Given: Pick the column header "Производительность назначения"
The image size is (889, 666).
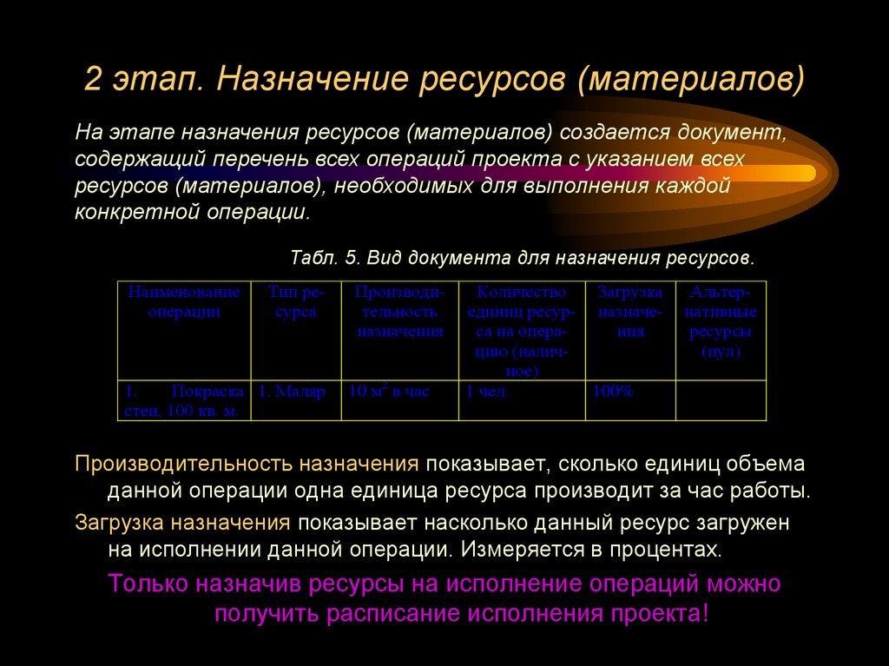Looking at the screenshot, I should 399,311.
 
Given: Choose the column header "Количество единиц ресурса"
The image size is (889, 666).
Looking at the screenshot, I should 522,331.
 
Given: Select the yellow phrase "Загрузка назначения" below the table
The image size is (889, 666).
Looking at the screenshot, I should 181,524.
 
